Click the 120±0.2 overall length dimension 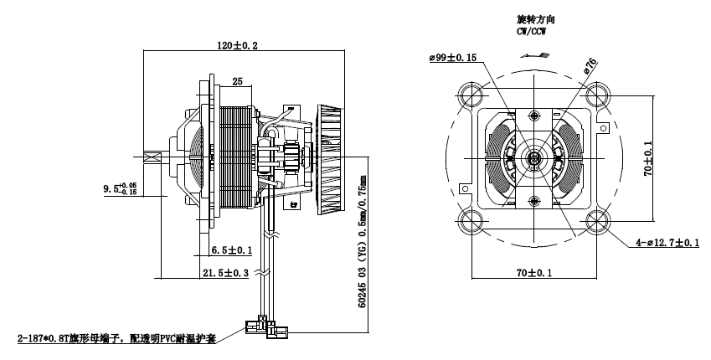[237, 45]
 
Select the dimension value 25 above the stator [237, 81]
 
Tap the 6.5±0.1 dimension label [232, 250]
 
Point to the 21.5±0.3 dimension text [225, 273]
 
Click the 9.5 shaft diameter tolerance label [120, 188]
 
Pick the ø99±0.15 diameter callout [453, 58]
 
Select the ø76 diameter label [590, 66]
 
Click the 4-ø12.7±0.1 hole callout [667, 243]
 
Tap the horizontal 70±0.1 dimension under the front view [533, 273]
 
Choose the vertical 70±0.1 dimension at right [648, 158]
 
